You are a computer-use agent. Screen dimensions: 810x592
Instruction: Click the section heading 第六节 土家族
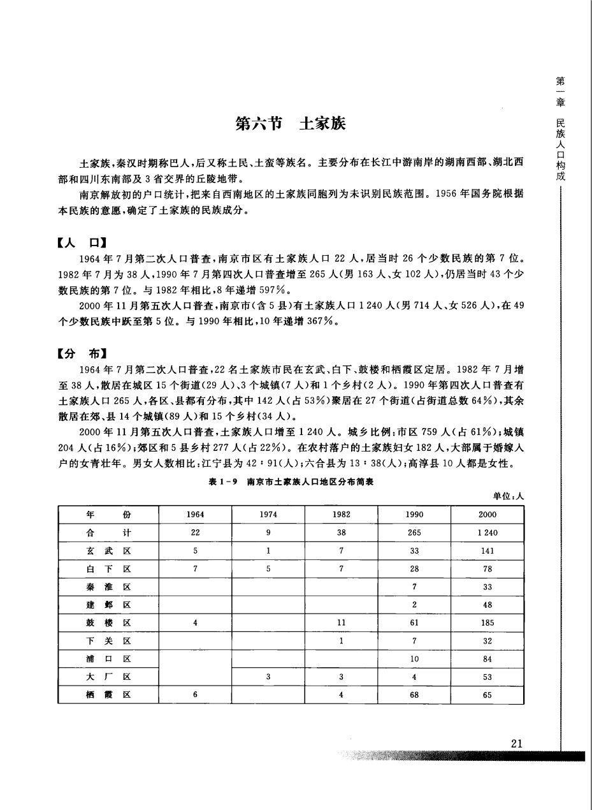click(x=290, y=124)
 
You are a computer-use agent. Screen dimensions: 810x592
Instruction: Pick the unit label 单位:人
click(x=507, y=496)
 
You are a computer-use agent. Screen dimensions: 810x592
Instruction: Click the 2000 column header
click(x=487, y=514)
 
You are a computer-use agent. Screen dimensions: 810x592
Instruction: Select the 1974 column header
click(x=268, y=514)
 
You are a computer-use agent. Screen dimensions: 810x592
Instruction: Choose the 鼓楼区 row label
click(x=108, y=622)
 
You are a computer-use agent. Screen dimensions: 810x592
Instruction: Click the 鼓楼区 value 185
click(x=487, y=622)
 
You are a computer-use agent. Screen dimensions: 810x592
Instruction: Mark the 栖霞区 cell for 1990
click(x=414, y=695)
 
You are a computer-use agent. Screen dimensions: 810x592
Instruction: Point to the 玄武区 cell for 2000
click(x=487, y=550)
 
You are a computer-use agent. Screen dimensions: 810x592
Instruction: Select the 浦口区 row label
click(x=108, y=659)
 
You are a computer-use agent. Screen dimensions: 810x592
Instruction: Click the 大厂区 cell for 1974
click(x=268, y=677)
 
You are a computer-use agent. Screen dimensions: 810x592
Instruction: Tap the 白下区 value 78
click(x=487, y=568)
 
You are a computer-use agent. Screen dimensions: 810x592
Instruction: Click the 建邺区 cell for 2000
click(x=487, y=605)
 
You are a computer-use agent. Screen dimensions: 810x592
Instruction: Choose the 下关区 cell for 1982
click(x=342, y=641)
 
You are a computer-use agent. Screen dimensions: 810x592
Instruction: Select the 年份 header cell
click(x=108, y=514)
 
